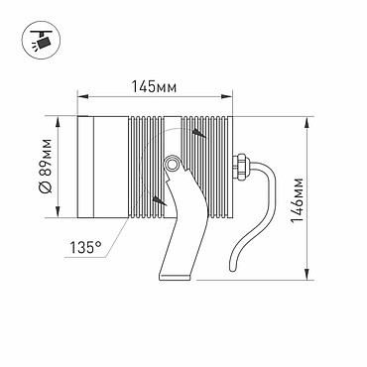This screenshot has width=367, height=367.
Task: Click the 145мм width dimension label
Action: point(154,86)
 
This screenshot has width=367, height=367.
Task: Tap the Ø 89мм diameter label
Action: point(46,166)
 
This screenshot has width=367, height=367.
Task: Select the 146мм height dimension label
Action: point(298,200)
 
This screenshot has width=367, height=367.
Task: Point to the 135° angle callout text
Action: point(85,247)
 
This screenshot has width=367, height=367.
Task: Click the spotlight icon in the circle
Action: point(42,41)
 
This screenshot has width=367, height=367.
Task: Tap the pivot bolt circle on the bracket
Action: point(171,164)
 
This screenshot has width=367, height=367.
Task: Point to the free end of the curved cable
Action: point(232,270)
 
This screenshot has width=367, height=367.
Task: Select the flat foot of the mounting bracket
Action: point(176,277)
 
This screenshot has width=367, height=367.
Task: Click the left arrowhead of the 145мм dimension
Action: point(82,96)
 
